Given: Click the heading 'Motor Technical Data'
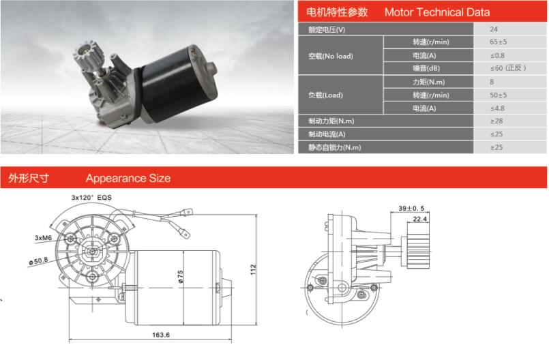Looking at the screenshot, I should [x=436, y=12].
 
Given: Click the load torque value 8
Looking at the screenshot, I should [x=492, y=82].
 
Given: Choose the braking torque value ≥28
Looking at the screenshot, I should [x=496, y=121].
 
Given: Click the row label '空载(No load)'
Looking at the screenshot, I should [x=331, y=56].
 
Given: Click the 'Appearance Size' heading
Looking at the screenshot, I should [x=128, y=179].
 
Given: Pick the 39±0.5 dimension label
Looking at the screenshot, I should [x=412, y=208].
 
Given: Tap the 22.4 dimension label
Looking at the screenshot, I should [x=420, y=219].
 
